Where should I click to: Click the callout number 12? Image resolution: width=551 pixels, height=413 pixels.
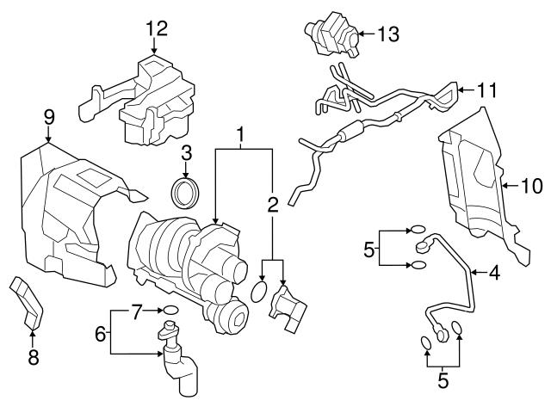tap(155, 28)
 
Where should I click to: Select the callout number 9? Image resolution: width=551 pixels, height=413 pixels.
tap(49, 116)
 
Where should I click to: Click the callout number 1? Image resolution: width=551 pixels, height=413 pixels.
tap(242, 135)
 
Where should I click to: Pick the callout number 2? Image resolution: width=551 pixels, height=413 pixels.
tap(273, 205)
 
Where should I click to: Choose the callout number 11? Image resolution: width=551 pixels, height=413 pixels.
tap(488, 89)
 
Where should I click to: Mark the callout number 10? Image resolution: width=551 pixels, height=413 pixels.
tap(530, 183)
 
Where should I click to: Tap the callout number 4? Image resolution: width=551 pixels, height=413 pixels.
tap(494, 274)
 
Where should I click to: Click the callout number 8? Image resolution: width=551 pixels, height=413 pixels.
tap(33, 357)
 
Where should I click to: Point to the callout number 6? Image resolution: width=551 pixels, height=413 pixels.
tap(100, 332)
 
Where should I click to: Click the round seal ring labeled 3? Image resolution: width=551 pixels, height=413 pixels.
tap(185, 193)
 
